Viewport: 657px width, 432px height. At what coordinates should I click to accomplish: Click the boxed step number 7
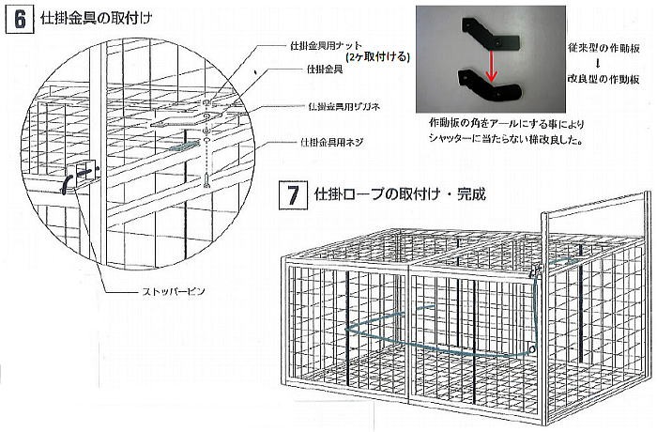coord(291,197)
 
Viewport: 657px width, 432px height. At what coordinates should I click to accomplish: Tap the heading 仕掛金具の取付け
coord(96,19)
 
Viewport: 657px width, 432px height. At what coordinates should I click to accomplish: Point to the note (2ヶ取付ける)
coord(377,56)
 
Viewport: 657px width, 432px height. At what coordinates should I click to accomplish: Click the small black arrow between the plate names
coord(599,64)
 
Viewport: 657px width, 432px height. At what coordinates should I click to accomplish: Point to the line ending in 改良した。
coord(505,143)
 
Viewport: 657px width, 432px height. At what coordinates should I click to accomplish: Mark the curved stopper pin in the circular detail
coord(67,181)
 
